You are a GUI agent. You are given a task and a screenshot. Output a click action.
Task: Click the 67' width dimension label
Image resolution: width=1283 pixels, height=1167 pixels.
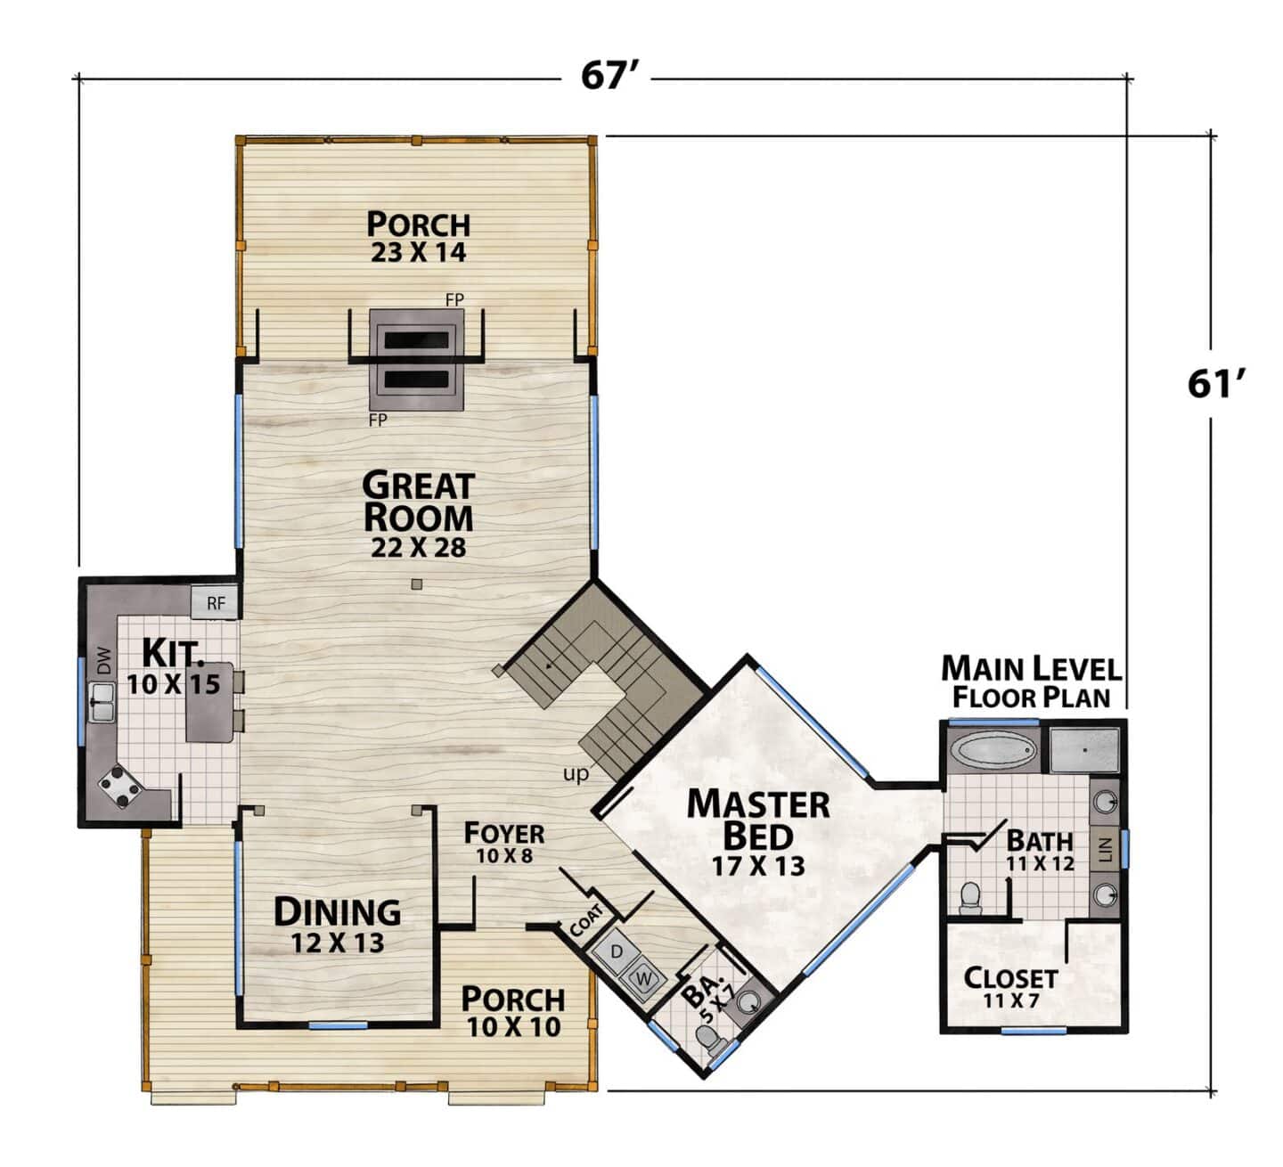609,76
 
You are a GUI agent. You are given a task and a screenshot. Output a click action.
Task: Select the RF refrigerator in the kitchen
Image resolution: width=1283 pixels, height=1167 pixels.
216,602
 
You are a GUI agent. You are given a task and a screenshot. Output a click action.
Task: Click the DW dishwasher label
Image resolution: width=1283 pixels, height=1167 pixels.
103,660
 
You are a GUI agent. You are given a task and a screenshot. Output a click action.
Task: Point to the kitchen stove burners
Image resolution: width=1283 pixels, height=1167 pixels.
119,788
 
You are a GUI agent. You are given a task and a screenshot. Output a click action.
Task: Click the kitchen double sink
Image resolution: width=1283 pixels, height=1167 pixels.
101,701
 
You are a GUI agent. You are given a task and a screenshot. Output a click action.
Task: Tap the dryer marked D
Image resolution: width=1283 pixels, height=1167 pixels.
615,952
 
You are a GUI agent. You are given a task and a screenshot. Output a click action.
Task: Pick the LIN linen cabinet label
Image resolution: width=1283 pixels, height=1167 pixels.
1107,850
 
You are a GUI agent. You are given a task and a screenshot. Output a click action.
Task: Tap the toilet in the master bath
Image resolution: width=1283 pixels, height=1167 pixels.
969,898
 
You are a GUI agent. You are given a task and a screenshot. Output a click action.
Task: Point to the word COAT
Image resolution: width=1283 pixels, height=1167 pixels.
585,920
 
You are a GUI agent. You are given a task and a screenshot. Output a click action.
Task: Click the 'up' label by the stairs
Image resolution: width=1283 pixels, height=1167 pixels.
576,774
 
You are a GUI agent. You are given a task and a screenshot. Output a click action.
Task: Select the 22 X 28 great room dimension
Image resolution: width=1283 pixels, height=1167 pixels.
418,547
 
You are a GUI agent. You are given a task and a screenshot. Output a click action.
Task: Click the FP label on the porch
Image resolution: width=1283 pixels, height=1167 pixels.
454,299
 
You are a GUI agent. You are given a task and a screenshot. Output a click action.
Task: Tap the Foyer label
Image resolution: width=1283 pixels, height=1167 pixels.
504,834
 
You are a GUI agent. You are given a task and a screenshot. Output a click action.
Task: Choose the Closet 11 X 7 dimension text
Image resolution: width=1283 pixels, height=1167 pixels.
1011,1000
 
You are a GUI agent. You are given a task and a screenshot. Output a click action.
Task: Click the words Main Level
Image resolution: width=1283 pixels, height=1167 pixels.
1031,669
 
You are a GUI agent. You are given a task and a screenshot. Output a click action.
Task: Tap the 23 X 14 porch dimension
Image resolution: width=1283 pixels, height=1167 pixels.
418,252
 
